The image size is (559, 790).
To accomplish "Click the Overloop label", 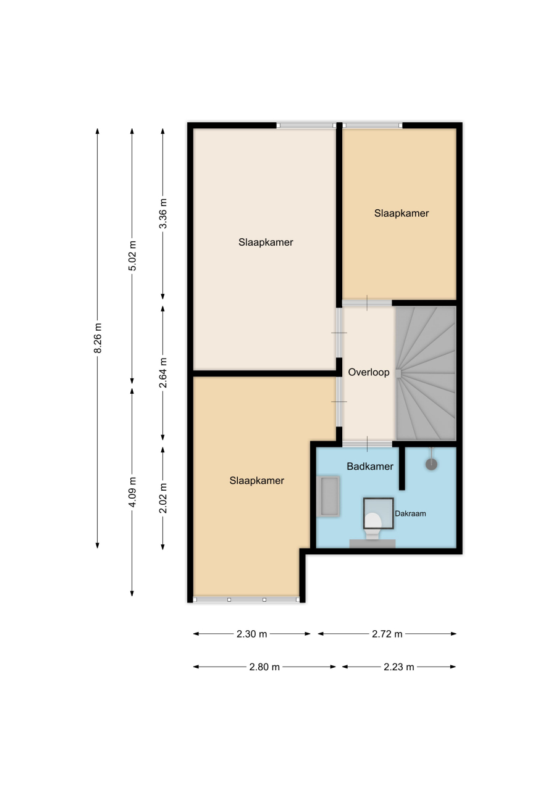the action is (x=368, y=372).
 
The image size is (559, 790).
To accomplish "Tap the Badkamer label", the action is (x=370, y=467).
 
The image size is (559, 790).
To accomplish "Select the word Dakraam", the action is (x=410, y=514).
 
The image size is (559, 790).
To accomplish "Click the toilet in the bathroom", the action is (x=372, y=525).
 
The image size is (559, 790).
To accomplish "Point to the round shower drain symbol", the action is (x=431, y=464).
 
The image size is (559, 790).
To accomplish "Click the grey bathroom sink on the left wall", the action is (x=328, y=496).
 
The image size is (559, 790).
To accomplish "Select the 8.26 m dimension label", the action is (x=98, y=338).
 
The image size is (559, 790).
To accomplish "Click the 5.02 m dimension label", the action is (x=132, y=256).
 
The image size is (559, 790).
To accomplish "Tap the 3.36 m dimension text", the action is (x=163, y=214).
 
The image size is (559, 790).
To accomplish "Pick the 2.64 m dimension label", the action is (x=163, y=373).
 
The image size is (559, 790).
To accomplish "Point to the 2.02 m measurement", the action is (x=163, y=498).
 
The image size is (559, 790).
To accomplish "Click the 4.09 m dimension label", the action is (x=132, y=492).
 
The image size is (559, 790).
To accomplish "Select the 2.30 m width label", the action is (x=251, y=634).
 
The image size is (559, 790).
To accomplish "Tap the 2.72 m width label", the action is (x=387, y=634).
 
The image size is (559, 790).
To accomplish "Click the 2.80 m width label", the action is (x=264, y=667).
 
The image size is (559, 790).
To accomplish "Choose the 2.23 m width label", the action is (x=399, y=667).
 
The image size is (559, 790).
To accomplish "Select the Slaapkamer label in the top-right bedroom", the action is (x=401, y=214).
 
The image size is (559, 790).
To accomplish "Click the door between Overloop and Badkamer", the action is (x=367, y=444).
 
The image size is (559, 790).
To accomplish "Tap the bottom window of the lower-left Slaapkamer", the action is (x=246, y=599).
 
